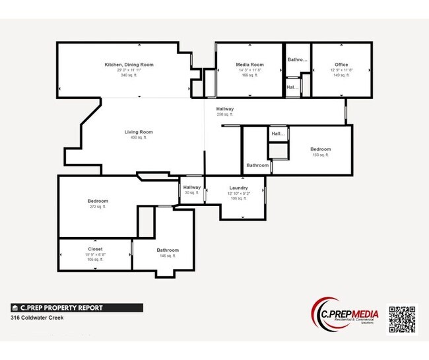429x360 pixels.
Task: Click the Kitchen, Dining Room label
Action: click(x=129, y=64)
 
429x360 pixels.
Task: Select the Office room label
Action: click(x=341, y=64)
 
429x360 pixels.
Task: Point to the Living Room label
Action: click(x=139, y=132)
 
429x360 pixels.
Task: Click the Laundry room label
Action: click(x=238, y=188)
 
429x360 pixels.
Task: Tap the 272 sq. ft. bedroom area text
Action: click(x=98, y=207)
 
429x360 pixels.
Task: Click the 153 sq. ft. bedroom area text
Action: click(x=321, y=155)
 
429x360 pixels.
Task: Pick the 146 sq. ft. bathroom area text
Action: click(x=168, y=256)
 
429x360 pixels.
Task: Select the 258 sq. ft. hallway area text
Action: click(x=225, y=114)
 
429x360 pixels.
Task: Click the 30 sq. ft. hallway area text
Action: click(x=192, y=193)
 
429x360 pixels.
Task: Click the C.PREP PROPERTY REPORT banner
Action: click(x=77, y=307)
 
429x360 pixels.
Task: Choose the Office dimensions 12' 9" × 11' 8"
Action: click(x=341, y=70)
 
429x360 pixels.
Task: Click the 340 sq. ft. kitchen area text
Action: click(x=129, y=75)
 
